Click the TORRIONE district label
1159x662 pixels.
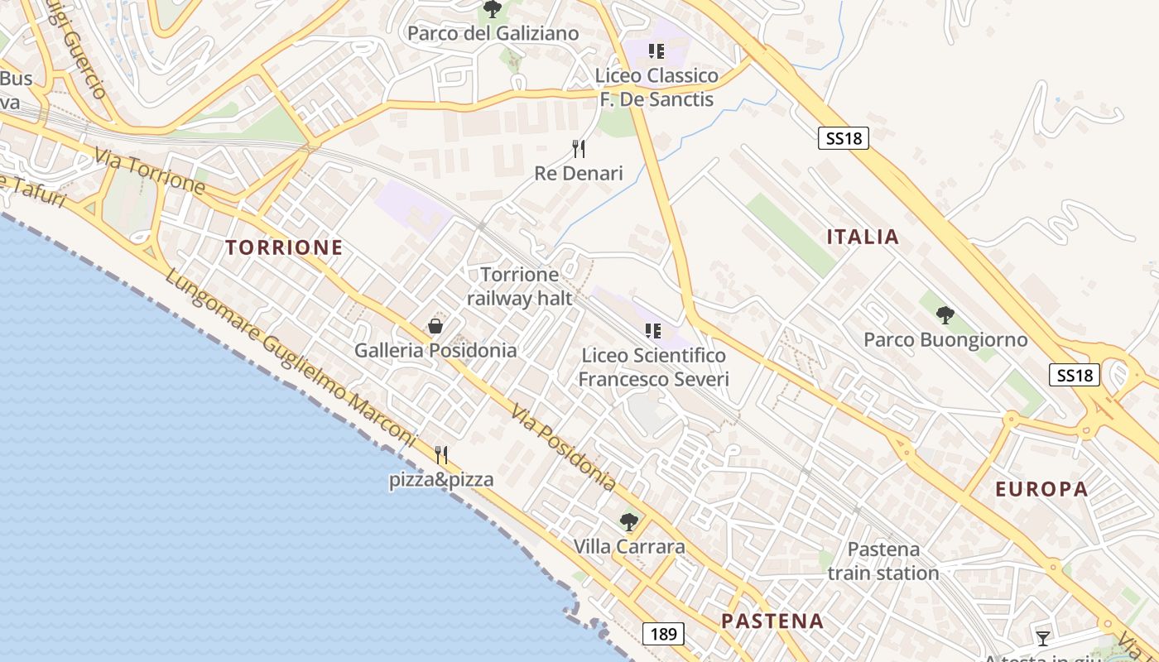pyautogui.click(x=284, y=247)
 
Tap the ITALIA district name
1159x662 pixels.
pyautogui.click(x=863, y=237)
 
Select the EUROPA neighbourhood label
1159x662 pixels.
pyautogui.click(x=1041, y=489)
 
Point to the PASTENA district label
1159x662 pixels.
pyautogui.click(x=772, y=621)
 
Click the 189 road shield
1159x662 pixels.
pyautogui.click(x=663, y=635)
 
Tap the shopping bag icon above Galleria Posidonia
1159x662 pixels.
pyautogui.click(x=435, y=327)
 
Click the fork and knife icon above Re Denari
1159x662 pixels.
pyautogui.click(x=579, y=149)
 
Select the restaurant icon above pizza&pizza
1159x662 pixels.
pyautogui.click(x=441, y=455)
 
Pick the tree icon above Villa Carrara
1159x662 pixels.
pyautogui.click(x=629, y=522)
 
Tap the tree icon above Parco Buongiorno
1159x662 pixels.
pyautogui.click(x=945, y=315)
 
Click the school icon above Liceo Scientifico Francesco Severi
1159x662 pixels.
pyautogui.click(x=653, y=332)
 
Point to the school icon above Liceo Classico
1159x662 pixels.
pyautogui.click(x=656, y=51)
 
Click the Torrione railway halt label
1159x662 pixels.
pyautogui.click(x=520, y=286)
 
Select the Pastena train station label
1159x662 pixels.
pyautogui.click(x=883, y=561)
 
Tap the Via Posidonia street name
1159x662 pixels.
pyautogui.click(x=563, y=447)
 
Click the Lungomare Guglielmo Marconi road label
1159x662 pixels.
pyautogui.click(x=290, y=357)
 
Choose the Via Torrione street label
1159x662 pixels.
pyautogui.click(x=149, y=171)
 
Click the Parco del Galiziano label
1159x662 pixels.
pyautogui.click(x=493, y=34)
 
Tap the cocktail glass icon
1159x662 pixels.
pyautogui.click(x=1043, y=637)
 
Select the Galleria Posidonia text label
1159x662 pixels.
pyautogui.click(x=435, y=350)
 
